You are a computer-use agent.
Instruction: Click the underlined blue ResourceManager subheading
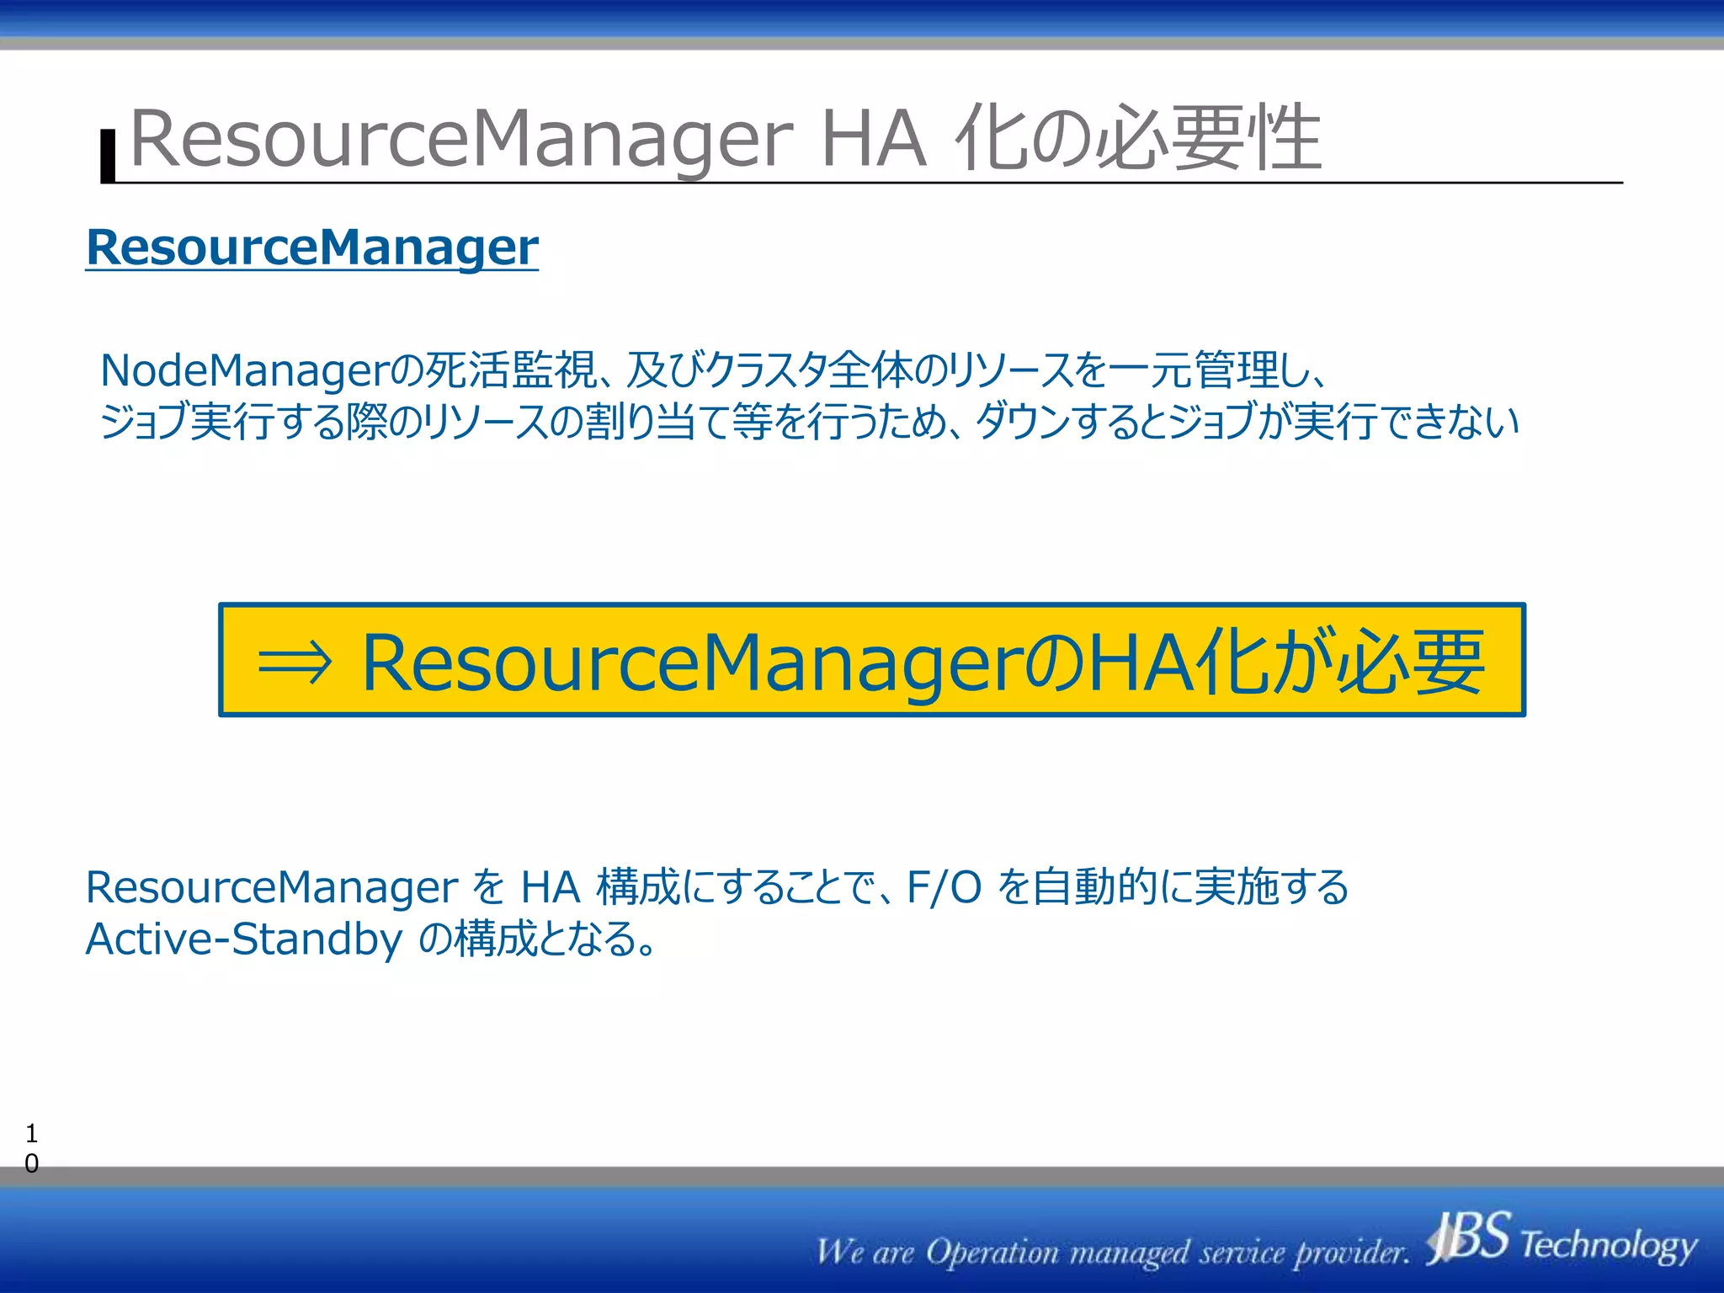click(311, 247)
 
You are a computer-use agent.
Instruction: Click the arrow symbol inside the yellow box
click(295, 664)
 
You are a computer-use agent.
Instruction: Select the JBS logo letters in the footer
click(1470, 1238)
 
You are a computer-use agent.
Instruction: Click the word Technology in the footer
click(1609, 1245)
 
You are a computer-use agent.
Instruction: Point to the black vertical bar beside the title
click(108, 157)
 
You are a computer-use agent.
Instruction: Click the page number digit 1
click(31, 1133)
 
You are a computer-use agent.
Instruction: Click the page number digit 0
click(31, 1163)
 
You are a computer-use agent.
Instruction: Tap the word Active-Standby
click(244, 939)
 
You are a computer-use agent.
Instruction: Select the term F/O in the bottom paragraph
click(944, 887)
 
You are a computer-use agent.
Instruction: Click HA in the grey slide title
click(873, 139)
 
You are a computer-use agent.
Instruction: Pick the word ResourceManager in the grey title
click(461, 139)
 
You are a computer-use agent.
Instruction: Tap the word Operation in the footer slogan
click(992, 1253)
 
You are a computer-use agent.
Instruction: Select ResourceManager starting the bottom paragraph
click(271, 887)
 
